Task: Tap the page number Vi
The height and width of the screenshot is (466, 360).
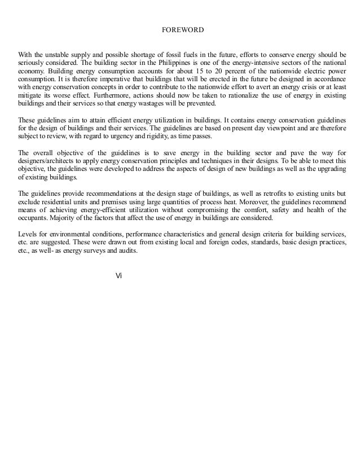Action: pos(118,275)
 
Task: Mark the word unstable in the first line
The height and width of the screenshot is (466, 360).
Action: pos(59,55)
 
